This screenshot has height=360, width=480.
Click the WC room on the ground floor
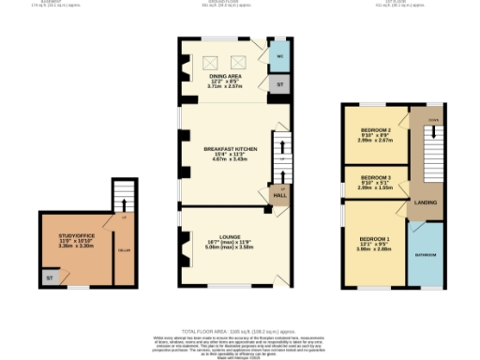277,57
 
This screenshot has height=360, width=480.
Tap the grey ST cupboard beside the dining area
277,84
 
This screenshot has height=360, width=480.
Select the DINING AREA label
225,75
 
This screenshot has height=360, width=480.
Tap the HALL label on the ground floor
278,194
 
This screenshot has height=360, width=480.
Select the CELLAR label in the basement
123,250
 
